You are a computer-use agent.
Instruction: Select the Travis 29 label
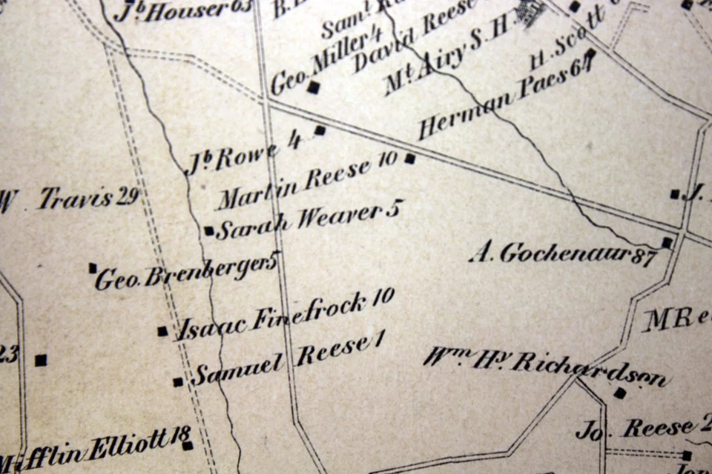pos(89,198)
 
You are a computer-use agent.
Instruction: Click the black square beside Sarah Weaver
pos(209,230)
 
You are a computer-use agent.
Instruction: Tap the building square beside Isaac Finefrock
pos(162,331)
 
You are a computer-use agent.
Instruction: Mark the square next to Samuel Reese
pos(178,382)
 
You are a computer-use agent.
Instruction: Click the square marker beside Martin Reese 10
pos(410,158)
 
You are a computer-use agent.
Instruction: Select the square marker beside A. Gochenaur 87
pos(667,242)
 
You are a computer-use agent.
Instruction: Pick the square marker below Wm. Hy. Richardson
pos(620,393)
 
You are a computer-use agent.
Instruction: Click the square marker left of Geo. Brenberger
pos(93,267)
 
